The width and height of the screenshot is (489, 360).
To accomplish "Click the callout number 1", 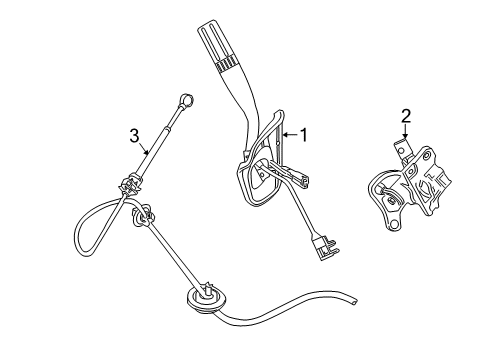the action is [x=304, y=135].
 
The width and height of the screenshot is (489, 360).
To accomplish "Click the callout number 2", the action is [x=406, y=116].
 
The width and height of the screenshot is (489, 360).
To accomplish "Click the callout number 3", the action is [x=134, y=136].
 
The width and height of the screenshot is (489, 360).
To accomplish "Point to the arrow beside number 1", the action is [x=290, y=135].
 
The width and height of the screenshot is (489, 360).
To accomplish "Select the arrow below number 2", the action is [x=405, y=131].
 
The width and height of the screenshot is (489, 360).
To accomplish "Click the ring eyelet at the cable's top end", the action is [x=187, y=99].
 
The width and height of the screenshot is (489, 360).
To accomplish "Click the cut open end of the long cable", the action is [x=355, y=301].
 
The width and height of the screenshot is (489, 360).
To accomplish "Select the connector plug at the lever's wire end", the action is [x=325, y=248].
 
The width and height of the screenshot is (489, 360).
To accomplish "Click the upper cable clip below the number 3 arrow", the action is [x=131, y=186].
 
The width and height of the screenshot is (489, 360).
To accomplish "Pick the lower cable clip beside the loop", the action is [x=144, y=216].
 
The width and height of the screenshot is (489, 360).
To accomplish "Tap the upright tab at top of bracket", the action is [x=402, y=149].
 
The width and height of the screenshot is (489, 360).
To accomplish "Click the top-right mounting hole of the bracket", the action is [x=426, y=155].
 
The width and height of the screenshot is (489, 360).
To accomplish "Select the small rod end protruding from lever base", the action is [x=304, y=180].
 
